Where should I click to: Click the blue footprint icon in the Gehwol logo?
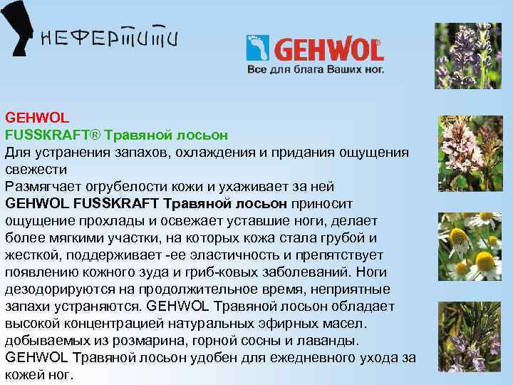256,48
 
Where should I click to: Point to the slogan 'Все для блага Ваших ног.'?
315,71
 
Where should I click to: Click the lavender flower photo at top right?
469,57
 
